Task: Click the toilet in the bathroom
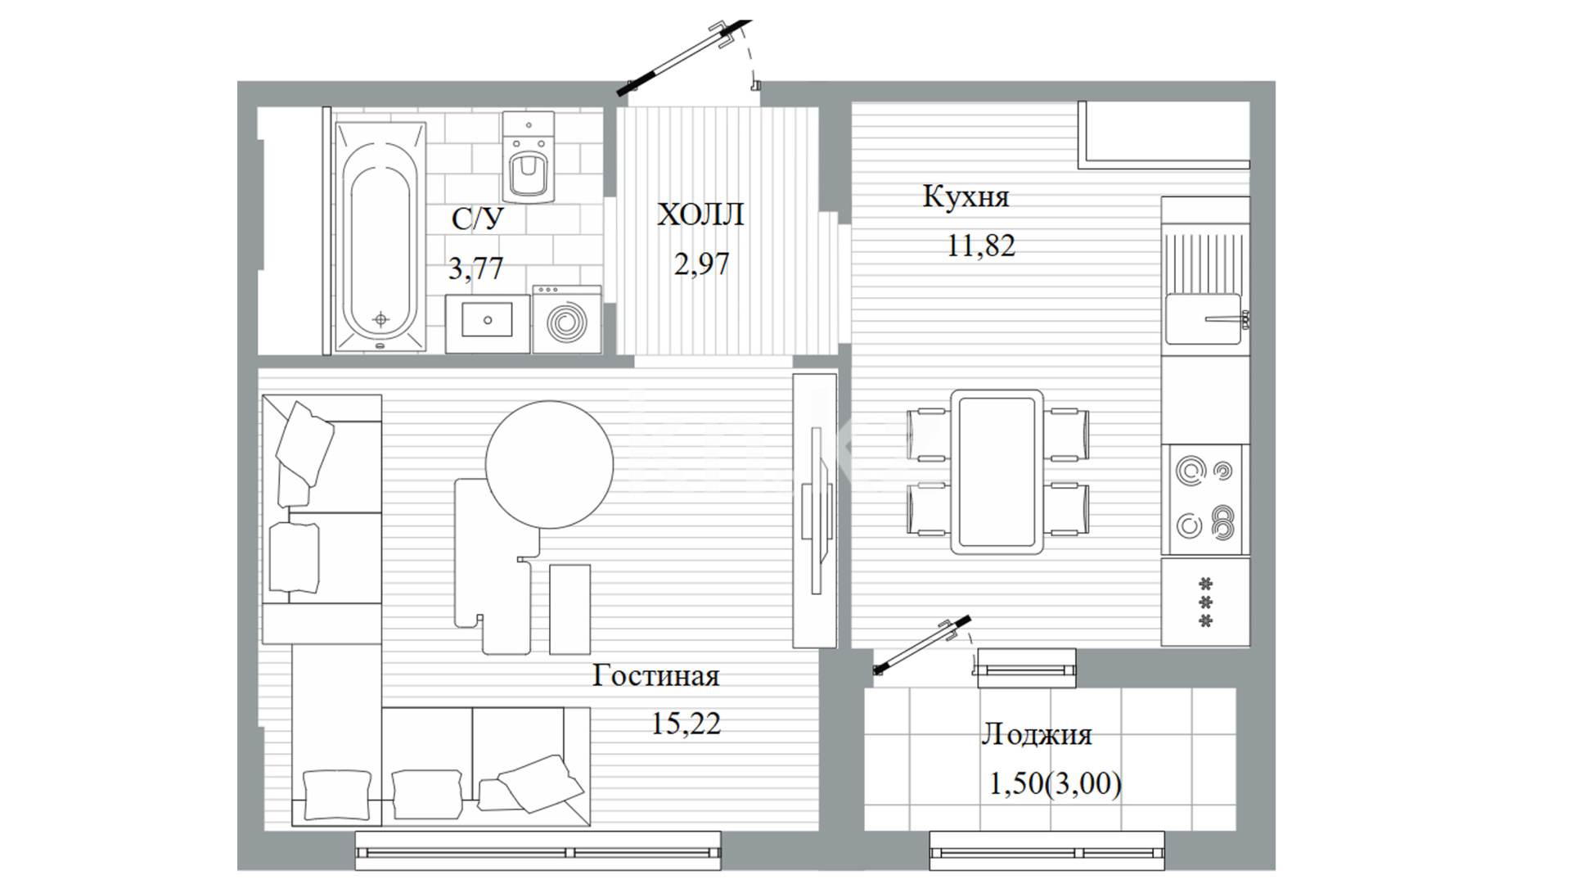point(528,158)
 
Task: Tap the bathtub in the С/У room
point(380,238)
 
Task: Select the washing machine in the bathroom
point(566,319)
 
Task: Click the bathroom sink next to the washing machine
point(487,324)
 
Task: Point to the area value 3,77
point(475,268)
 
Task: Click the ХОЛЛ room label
point(700,214)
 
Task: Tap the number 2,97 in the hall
point(701,264)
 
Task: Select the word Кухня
point(966,196)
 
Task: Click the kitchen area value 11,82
point(980,245)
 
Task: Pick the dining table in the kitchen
point(997,471)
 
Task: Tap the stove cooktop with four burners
point(1205,499)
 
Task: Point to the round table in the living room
point(549,464)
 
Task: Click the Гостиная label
point(656,676)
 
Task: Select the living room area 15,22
point(686,724)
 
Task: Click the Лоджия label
point(1037,734)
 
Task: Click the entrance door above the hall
point(683,55)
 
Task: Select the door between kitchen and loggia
point(922,644)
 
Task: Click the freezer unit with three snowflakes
point(1205,602)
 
